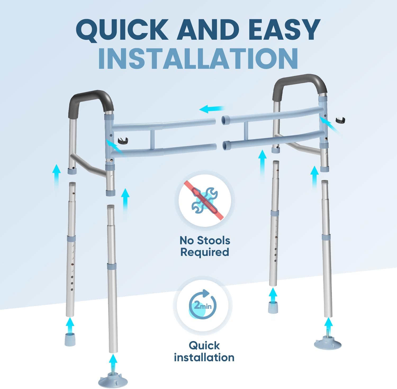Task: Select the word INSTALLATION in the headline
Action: click(x=198, y=58)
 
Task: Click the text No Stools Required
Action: click(x=205, y=246)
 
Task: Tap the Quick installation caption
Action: click(x=204, y=351)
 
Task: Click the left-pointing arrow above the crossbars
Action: click(x=212, y=108)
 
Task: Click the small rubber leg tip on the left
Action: click(x=70, y=340)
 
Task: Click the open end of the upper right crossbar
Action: click(x=225, y=120)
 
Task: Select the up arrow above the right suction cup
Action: click(x=328, y=325)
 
